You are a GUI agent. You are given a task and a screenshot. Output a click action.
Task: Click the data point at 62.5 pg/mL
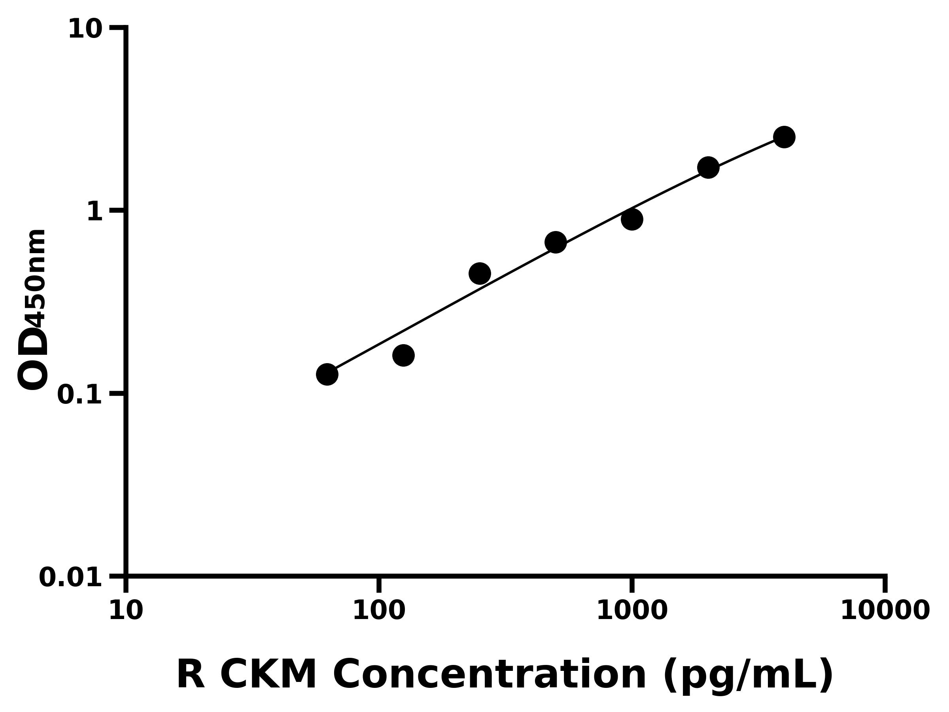[x=327, y=374]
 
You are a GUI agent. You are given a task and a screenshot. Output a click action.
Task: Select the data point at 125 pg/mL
[x=403, y=355]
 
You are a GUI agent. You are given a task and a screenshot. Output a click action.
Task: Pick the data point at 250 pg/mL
[x=480, y=273]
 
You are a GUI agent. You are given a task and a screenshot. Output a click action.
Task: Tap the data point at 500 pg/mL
[x=556, y=242]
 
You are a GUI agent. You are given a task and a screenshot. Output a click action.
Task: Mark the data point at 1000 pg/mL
[x=632, y=219]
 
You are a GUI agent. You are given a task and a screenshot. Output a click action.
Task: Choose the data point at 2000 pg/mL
[x=708, y=167]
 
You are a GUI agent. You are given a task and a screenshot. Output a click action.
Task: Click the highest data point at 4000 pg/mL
[x=784, y=137]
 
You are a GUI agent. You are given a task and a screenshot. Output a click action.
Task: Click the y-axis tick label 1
[x=95, y=212]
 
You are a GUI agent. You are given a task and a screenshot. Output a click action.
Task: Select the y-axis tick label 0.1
[x=80, y=395]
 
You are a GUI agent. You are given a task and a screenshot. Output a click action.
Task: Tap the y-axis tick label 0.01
[x=71, y=578]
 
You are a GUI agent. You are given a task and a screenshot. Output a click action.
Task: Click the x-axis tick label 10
[x=126, y=611]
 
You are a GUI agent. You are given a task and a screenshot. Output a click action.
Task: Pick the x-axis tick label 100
[x=379, y=611]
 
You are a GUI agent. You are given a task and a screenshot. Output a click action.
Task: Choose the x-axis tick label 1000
[x=632, y=611]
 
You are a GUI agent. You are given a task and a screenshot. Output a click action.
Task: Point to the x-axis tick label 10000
[x=885, y=611]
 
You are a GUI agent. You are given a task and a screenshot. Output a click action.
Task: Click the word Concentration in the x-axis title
[x=490, y=675]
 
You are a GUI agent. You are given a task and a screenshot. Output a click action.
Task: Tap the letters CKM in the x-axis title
[x=268, y=675]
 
